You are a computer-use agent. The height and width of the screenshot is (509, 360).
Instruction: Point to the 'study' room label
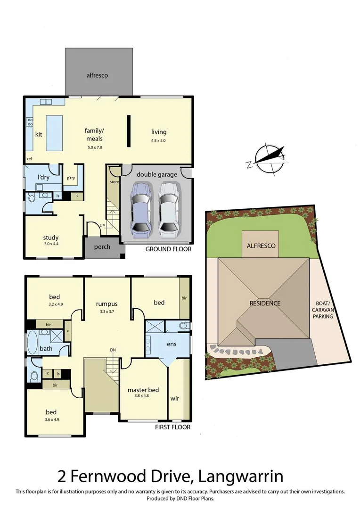coord(50,238)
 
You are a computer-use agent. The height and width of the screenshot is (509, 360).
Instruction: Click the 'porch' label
coord(102,247)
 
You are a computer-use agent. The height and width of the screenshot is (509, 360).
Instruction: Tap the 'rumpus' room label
coord(106,304)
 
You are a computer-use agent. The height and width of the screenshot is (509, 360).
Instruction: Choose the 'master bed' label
coord(143,390)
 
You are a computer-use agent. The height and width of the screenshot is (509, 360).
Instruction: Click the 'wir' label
coord(174,398)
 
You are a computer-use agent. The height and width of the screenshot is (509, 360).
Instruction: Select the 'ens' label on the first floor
coord(172,344)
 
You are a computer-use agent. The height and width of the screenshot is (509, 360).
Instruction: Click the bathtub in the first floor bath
coord(33,342)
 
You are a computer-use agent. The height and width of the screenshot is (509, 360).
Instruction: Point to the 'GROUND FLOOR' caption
coord(168,249)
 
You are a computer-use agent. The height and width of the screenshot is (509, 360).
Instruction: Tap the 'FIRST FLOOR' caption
coord(173,427)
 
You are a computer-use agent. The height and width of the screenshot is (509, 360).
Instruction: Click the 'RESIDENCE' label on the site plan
coord(265,303)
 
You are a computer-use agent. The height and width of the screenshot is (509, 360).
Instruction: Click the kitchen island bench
coord(54,132)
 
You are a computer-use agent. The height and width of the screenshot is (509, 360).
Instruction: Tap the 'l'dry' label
coord(44,177)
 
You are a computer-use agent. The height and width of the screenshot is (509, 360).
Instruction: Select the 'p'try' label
coord(72,178)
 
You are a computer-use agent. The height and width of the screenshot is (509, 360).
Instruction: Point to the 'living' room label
coord(159,132)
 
